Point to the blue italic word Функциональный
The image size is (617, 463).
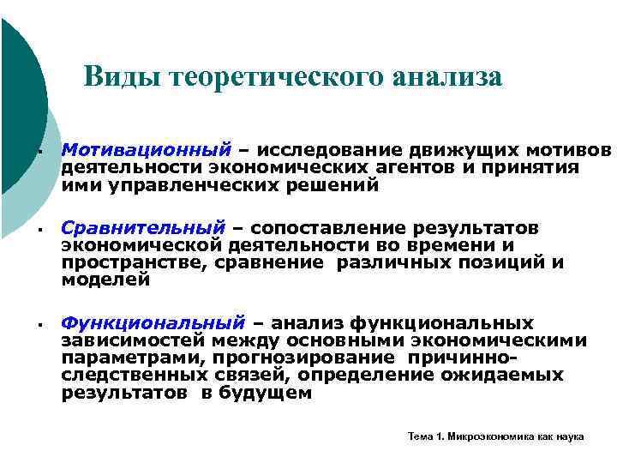click(153, 323)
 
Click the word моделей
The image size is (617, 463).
click(105, 280)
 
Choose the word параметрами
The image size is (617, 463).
click(122, 358)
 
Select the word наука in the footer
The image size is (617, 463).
click(569, 436)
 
